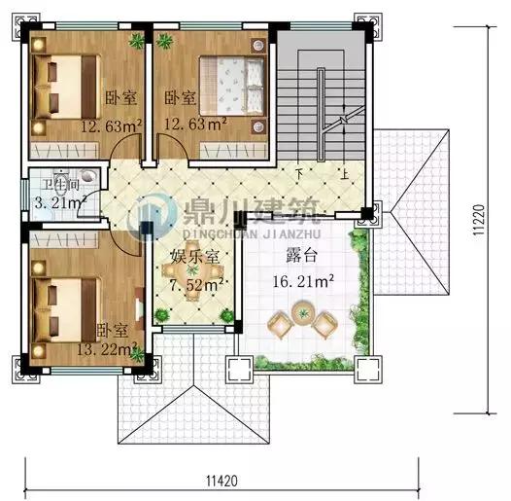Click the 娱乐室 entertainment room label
pyautogui.click(x=192, y=257)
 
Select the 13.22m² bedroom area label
pyautogui.click(x=105, y=349)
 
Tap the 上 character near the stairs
pyautogui.click(x=345, y=175)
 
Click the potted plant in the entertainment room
pyautogui.click(x=226, y=314)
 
